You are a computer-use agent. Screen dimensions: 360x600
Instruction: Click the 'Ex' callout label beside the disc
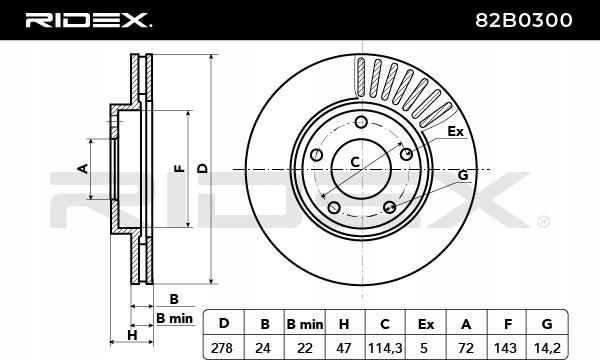point(455,131)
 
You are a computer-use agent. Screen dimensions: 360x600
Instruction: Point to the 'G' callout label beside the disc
point(463,175)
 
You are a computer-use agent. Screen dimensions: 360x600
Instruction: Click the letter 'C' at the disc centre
point(354,163)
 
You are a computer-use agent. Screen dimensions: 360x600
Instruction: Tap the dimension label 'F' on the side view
point(178,169)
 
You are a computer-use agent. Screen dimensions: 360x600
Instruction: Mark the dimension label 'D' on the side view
point(202,169)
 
